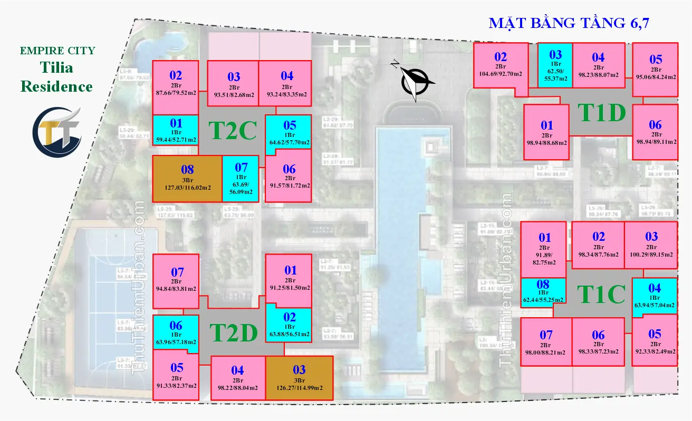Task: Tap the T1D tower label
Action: click(601, 112)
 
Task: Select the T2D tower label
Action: click(234, 332)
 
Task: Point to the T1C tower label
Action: click(601, 294)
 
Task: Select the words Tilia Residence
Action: click(57, 77)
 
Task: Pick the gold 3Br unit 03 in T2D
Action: click(299, 378)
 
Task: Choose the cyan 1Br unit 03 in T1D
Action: click(555, 65)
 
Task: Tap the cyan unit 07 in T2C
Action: click(241, 179)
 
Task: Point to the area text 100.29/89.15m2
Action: click(651, 254)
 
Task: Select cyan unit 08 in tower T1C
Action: click(543, 293)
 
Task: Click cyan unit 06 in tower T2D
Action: click(176, 334)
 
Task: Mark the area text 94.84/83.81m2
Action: click(176, 289)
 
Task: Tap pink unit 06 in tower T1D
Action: click(655, 132)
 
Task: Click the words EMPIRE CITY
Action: click(57, 51)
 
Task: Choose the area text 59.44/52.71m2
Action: click(176, 140)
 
